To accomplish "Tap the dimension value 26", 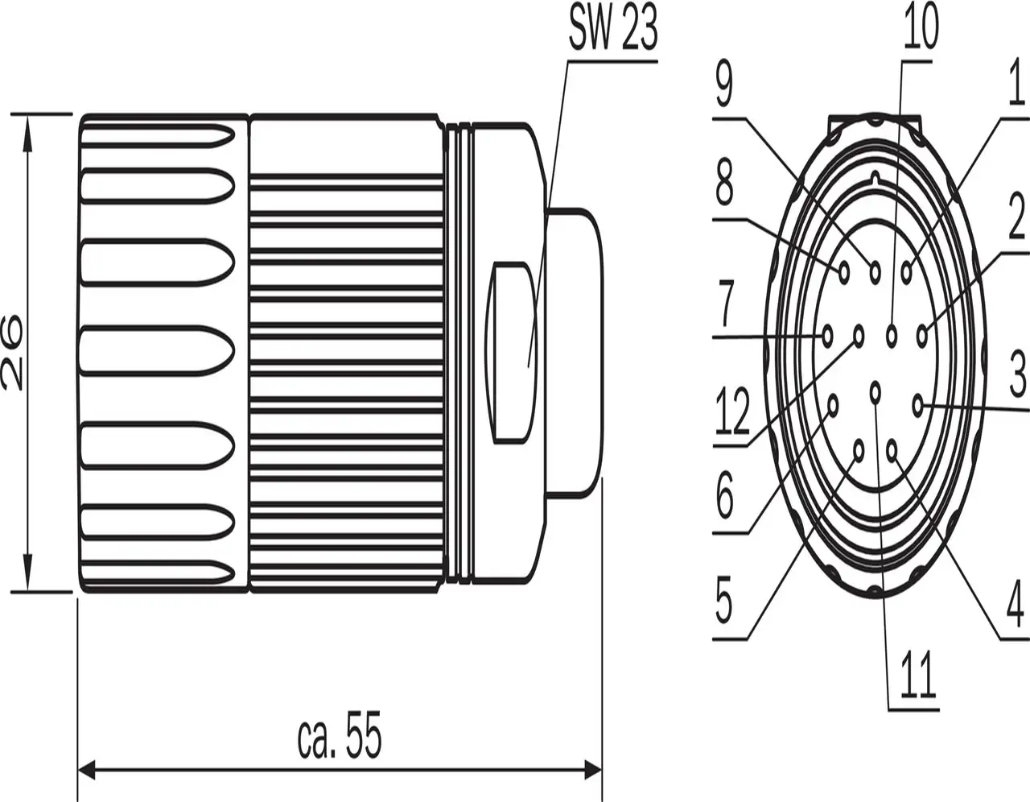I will (13, 353).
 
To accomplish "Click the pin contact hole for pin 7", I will (827, 335).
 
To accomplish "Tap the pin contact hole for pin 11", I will (875, 391).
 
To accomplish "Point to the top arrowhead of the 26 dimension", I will (28, 126).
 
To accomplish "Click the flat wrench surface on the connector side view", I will (512, 352).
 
